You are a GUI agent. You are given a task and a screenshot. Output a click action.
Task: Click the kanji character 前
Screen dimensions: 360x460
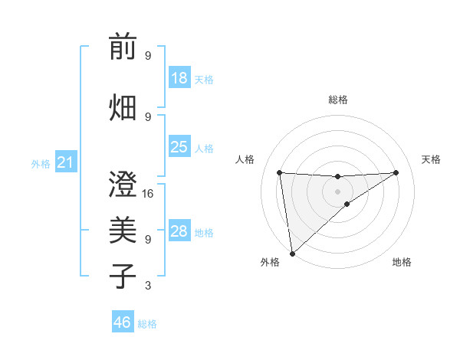123,47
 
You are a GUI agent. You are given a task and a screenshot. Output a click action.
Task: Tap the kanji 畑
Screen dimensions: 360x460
123,106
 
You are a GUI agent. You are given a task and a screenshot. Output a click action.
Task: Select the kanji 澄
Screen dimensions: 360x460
123,184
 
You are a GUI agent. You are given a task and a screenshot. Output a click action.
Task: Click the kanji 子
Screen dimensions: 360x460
123,276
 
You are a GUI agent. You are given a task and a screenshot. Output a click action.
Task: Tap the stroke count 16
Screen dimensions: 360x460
149,194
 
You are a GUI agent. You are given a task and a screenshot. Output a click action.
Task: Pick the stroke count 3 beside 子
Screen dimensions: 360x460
148,286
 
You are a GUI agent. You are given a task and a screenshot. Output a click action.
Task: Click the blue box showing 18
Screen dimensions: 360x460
179,78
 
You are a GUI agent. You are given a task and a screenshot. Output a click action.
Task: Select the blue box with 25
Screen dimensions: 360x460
179,147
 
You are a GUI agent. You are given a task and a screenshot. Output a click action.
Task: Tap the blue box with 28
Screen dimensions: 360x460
179,231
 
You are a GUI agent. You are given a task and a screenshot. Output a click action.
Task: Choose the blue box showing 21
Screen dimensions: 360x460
64,162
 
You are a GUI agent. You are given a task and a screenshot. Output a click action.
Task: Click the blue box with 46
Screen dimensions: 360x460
122,322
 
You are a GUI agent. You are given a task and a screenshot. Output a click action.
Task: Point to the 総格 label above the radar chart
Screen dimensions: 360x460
338,100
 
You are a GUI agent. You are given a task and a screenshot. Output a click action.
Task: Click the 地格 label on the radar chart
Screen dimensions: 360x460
402,262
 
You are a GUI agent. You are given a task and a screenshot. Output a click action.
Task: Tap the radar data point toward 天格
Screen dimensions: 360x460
396,172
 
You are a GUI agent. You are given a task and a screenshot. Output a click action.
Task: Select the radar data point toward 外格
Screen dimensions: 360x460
292,254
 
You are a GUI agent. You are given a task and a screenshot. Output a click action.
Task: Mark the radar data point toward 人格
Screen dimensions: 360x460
279,172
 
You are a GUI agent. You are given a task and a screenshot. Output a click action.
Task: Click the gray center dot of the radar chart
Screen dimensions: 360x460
337,191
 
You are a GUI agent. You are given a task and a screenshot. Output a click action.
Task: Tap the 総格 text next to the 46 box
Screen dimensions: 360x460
148,324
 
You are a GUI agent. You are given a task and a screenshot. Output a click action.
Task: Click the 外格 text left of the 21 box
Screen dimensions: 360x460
40,164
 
